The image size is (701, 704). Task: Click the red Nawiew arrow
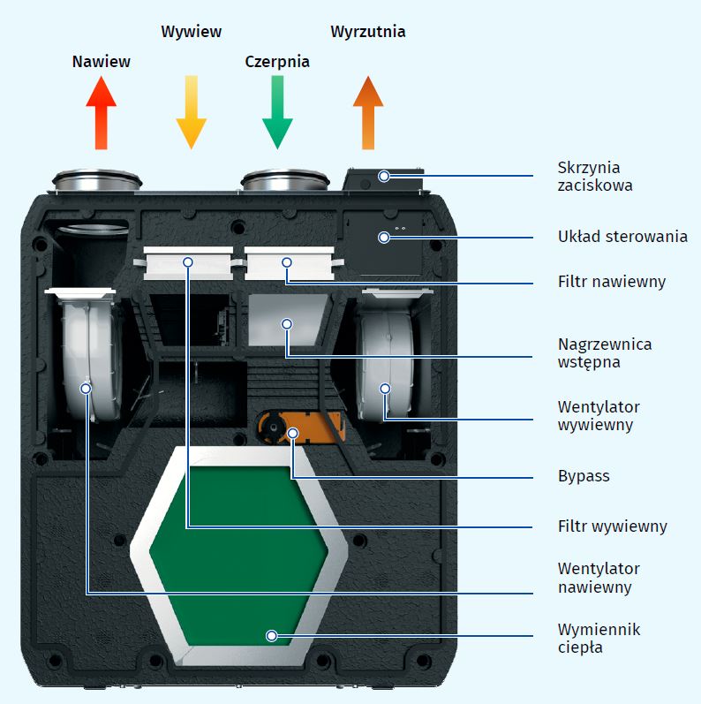pyautogui.click(x=102, y=113)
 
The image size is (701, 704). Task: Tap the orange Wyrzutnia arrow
pyautogui.click(x=368, y=113)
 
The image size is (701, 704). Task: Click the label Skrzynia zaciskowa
pyautogui.click(x=589, y=177)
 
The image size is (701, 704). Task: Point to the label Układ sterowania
pyautogui.click(x=622, y=237)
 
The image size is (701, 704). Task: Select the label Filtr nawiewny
pyautogui.click(x=612, y=282)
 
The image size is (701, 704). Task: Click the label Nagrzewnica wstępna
pyautogui.click(x=605, y=352)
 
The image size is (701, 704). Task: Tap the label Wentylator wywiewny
pyautogui.click(x=599, y=416)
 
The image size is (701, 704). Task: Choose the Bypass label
pyautogui.click(x=584, y=476)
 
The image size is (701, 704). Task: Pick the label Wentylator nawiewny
pyautogui.click(x=599, y=578)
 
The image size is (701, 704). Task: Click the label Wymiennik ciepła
pyautogui.click(x=599, y=639)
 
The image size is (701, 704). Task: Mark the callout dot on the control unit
pyautogui.click(x=384, y=237)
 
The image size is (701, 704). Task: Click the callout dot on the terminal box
pyautogui.click(x=384, y=176)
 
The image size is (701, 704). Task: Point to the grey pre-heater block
pyautogui.click(x=287, y=320)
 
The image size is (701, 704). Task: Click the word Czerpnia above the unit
pyautogui.click(x=277, y=62)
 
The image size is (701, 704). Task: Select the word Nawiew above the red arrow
pyautogui.click(x=102, y=62)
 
